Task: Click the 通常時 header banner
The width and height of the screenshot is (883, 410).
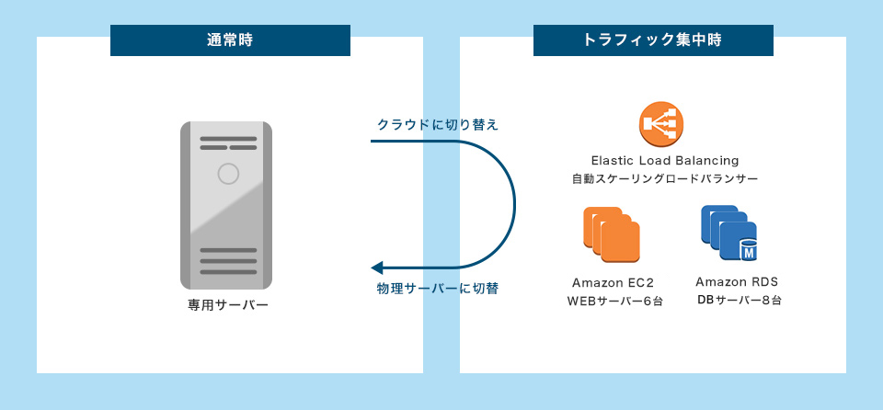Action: [230, 40]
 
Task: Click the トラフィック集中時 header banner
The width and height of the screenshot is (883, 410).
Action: [653, 40]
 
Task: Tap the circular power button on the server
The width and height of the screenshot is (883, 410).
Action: [228, 173]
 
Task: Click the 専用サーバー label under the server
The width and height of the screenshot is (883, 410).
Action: [228, 304]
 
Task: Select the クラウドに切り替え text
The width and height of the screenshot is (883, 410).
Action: [438, 124]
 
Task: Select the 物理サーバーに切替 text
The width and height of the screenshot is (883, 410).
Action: [438, 289]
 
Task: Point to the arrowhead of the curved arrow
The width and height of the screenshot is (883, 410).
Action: [376, 268]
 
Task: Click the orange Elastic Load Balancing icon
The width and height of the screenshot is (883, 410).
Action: [662, 123]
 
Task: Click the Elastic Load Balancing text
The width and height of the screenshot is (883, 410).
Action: [665, 161]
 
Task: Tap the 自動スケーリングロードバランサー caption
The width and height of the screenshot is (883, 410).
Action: [665, 178]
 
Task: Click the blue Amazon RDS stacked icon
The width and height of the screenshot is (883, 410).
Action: [728, 233]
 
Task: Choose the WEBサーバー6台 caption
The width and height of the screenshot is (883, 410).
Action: [614, 301]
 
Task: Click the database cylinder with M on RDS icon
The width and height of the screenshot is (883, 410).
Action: [748, 251]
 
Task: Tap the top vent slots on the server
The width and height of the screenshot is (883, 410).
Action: [228, 143]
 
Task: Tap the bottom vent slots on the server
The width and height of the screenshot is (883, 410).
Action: [228, 260]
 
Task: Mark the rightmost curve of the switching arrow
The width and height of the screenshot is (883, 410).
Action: [514, 204]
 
